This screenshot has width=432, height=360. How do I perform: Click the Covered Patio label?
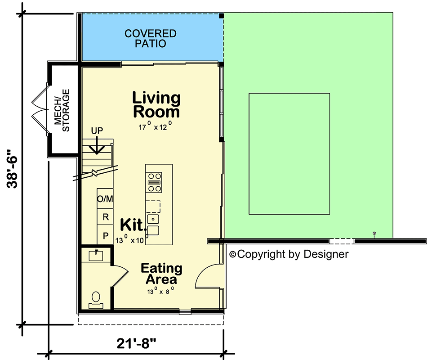[x=150, y=39]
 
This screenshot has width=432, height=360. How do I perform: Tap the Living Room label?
[x=156, y=104]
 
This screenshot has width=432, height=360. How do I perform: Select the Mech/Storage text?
[x=62, y=110]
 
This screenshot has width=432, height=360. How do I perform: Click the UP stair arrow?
[x=97, y=144]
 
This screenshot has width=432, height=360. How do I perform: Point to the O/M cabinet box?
[x=105, y=198]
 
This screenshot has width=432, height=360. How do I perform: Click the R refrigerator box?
[x=105, y=217]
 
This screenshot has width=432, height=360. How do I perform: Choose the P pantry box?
[x=105, y=235]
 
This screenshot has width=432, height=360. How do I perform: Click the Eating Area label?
[x=161, y=274]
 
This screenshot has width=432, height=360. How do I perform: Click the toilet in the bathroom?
[x=96, y=299]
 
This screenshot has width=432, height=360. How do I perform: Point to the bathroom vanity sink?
[x=96, y=256]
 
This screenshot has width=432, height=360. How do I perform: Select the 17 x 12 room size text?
[x=155, y=127]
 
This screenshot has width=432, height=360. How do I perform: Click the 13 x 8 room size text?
[x=160, y=291]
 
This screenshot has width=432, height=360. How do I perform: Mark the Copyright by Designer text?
[x=289, y=254]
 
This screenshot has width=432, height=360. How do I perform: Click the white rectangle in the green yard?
[x=289, y=154]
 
